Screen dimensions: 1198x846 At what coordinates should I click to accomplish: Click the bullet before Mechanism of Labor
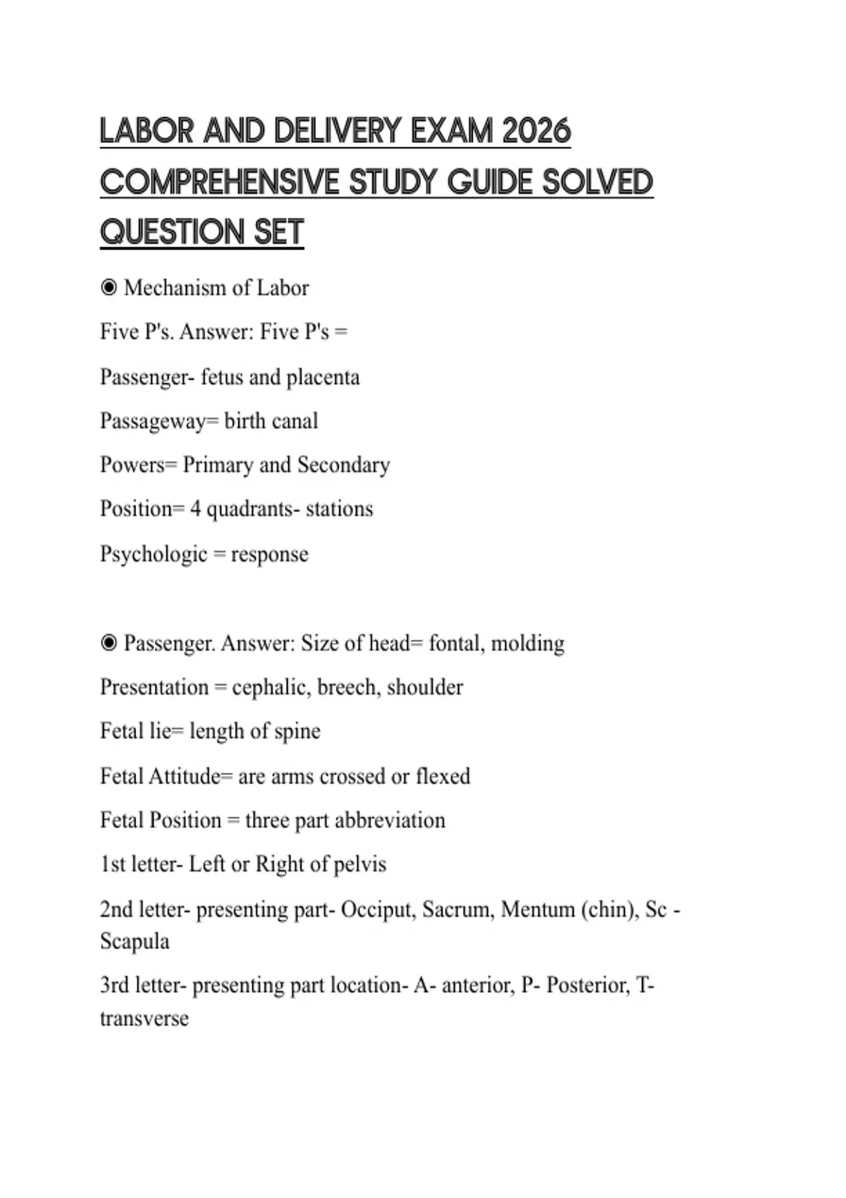click(x=109, y=288)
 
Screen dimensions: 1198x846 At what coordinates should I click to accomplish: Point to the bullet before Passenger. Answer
click(x=109, y=643)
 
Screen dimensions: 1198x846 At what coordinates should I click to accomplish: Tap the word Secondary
click(x=343, y=465)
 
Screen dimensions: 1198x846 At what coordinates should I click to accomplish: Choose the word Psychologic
click(x=154, y=555)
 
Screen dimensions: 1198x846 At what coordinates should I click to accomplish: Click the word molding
click(x=527, y=643)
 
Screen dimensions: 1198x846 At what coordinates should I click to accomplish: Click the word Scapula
click(x=135, y=941)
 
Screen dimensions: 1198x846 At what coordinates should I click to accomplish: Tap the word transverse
click(x=144, y=1018)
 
